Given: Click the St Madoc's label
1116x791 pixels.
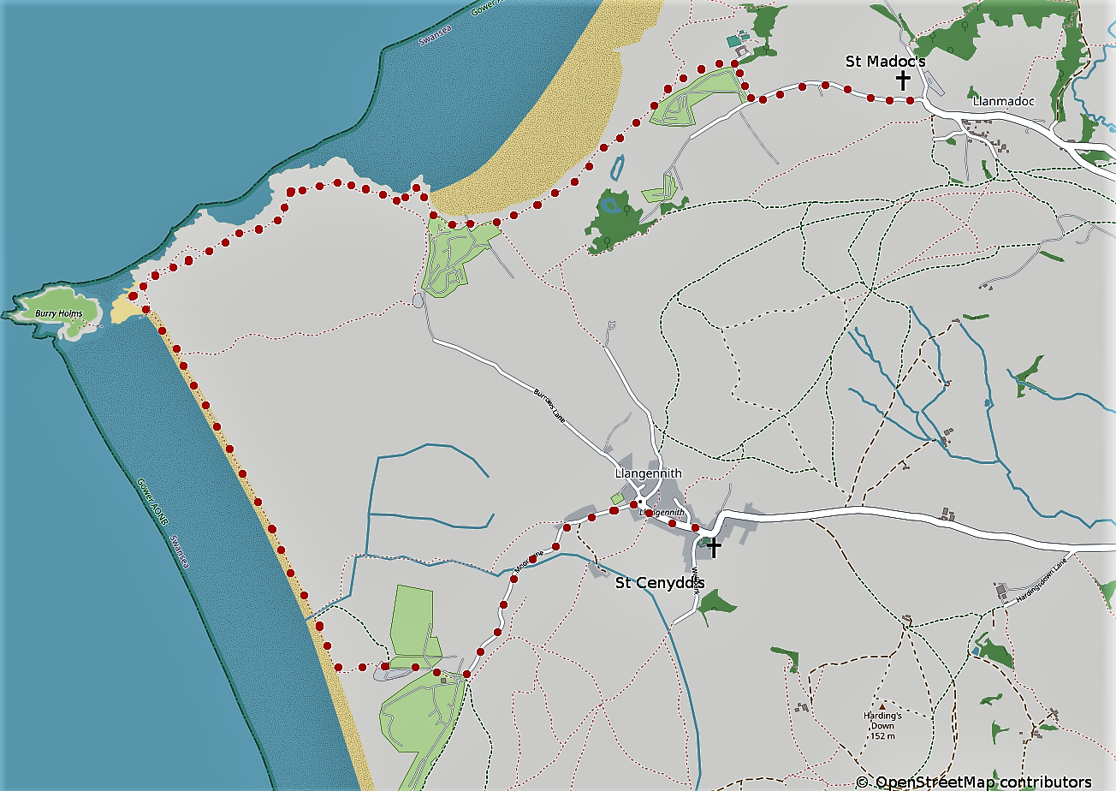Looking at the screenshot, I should pyautogui.click(x=885, y=62).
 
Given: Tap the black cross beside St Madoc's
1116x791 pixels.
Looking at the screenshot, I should pyautogui.click(x=903, y=80).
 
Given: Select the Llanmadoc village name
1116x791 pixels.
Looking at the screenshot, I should pyautogui.click(x=1003, y=102).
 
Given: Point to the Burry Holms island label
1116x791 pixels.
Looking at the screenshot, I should pyautogui.click(x=58, y=314).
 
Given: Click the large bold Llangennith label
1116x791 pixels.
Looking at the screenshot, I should pyautogui.click(x=648, y=473).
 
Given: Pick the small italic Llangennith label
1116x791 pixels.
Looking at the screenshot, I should pyautogui.click(x=656, y=513).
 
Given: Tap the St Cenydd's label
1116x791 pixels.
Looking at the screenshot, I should pyautogui.click(x=660, y=584).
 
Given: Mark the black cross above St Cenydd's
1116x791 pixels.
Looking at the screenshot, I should pyautogui.click(x=713, y=548).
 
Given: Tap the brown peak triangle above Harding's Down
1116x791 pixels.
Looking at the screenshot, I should pyautogui.click(x=882, y=706).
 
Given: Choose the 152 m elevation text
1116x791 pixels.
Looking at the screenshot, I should pyautogui.click(x=882, y=735).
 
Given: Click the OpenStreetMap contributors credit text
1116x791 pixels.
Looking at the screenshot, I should pyautogui.click(x=983, y=782).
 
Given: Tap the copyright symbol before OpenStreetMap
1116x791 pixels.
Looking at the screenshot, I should pyautogui.click(x=862, y=782).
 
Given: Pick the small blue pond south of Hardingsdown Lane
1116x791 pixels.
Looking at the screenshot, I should pyautogui.click(x=975, y=652).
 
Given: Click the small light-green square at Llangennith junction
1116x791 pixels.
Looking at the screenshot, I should pyautogui.click(x=617, y=498).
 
